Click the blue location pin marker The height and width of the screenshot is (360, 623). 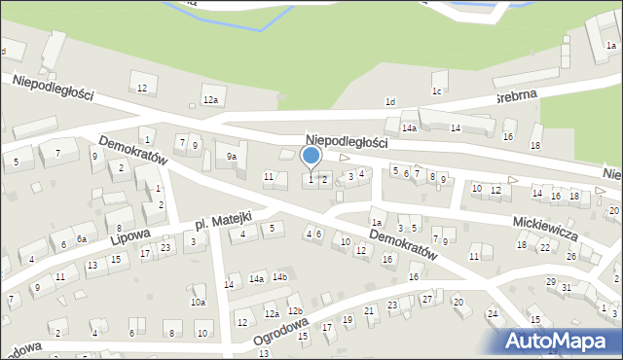(311, 156)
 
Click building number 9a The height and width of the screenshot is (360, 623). (232, 156)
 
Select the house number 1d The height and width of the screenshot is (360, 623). (390, 101)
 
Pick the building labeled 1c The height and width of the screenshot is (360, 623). (437, 91)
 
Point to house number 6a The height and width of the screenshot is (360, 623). (82, 238)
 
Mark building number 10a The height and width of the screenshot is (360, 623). (198, 303)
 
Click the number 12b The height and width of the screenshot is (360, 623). (295, 311)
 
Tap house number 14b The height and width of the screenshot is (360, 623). (280, 277)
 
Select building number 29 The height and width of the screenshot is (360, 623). (551, 282)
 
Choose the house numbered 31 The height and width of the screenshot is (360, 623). (566, 288)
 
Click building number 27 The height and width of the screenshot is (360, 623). (427, 298)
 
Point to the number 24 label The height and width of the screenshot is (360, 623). (493, 313)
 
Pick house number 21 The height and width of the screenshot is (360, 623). (369, 311)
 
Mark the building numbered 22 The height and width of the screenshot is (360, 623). (545, 248)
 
